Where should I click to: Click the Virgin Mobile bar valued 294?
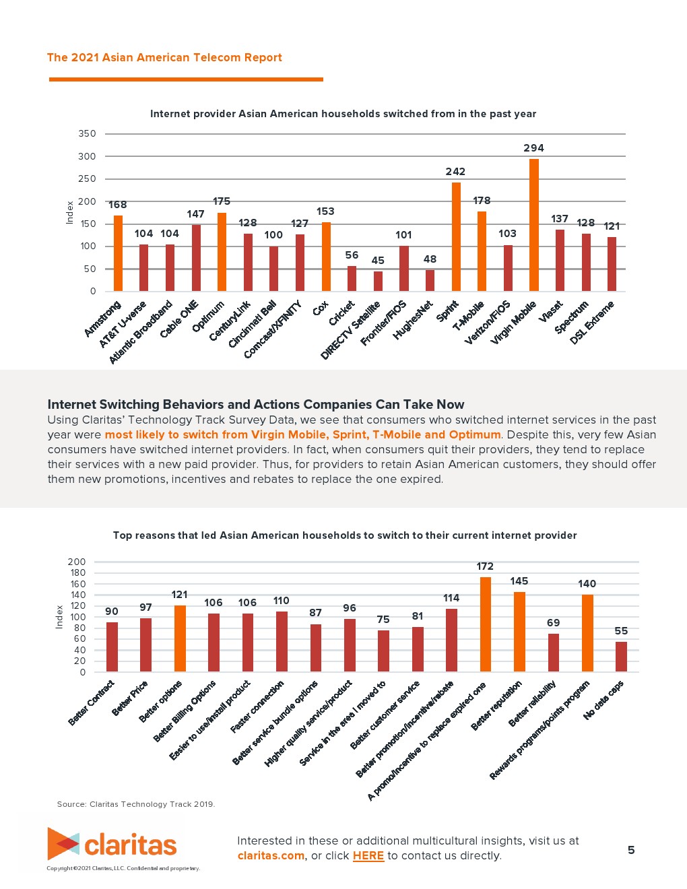(534, 225)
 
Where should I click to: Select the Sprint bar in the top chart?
(456, 236)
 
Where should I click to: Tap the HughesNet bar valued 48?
(430, 280)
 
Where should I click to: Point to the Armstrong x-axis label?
(103, 319)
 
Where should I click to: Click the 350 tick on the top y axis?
(88, 133)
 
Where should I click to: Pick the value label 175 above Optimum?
(222, 201)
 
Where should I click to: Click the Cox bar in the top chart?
(326, 257)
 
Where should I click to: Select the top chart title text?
(343, 114)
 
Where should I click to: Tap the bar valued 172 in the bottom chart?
(485, 624)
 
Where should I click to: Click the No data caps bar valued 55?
(621, 657)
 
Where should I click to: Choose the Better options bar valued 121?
(180, 638)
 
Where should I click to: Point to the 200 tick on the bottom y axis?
(77, 562)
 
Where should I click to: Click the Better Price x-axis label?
(130, 698)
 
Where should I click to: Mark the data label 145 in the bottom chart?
(519, 581)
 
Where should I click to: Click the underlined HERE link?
(368, 856)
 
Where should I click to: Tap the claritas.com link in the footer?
(271, 856)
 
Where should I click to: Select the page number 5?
(631, 850)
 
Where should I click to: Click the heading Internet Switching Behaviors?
(255, 405)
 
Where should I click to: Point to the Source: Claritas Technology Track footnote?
(136, 804)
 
